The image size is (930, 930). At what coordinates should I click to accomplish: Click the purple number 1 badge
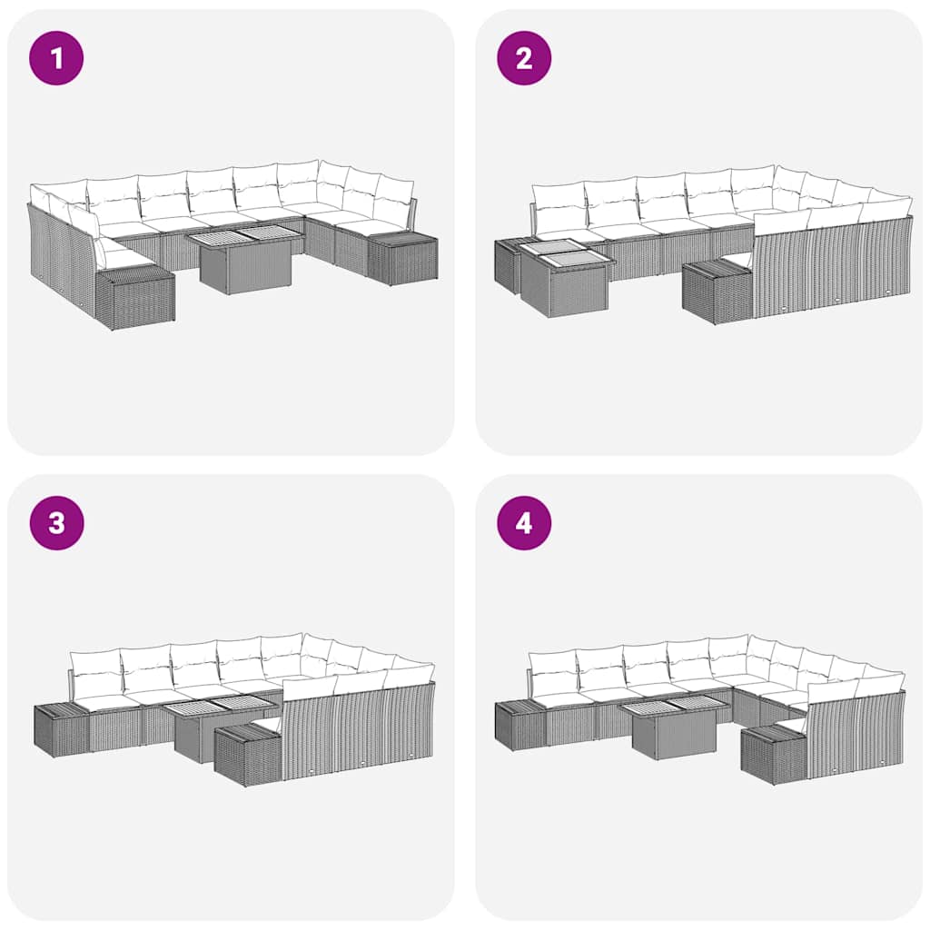tap(56, 58)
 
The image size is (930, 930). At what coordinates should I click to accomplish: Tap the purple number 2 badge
tap(524, 58)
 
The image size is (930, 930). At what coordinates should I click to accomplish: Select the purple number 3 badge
tap(56, 523)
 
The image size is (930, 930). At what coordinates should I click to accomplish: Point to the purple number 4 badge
tap(524, 523)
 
